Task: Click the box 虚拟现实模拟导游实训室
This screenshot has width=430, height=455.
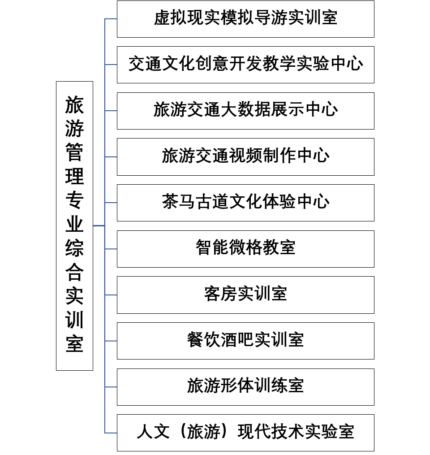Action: pos(245,19)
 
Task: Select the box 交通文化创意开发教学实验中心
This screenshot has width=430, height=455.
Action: pos(245,65)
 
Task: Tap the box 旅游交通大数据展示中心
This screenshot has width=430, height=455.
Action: pos(245,111)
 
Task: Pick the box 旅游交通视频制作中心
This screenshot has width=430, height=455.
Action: pos(245,156)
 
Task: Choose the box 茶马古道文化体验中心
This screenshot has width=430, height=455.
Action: pos(245,203)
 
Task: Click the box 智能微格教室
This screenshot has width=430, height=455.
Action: pos(245,249)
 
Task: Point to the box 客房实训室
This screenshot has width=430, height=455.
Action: pos(245,295)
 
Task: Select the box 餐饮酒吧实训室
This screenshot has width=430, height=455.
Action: pos(245,341)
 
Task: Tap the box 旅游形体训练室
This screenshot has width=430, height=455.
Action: pos(245,387)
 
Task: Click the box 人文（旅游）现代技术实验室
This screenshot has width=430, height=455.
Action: pos(245,433)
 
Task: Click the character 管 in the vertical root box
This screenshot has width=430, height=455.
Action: pos(74,153)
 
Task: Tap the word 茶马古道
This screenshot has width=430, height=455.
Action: pos(195,203)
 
